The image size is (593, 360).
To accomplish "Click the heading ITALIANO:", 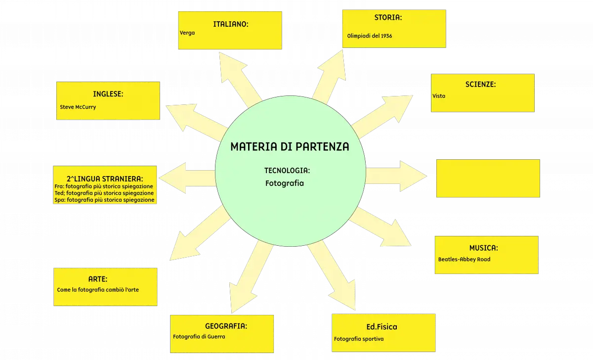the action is coord(231,24).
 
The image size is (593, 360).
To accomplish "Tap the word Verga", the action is coord(187,33).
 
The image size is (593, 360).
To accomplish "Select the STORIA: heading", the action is coord(388,17).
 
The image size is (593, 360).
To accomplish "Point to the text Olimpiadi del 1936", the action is coord(370,36).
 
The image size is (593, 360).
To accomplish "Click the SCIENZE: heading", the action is coord(480,85).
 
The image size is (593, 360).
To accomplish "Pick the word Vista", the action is coord(439,96).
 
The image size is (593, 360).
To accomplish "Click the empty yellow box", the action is coord(488,179).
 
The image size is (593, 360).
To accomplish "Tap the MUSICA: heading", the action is coord(484,248).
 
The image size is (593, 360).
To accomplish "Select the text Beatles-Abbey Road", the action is coord(465,259).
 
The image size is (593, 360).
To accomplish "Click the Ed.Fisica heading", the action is coord(381,327).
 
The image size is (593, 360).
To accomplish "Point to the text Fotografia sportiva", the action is coord(359,339).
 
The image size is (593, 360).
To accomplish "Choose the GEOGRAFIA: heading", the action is coord(226,326).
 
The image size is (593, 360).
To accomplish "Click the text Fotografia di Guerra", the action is coord(199,337).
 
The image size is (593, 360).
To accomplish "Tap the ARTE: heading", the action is coord(98,279).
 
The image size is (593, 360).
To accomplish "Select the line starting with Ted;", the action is coord(104,193).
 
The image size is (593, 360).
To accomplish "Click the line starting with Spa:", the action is coord(104,200).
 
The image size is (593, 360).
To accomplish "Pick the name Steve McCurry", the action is coord(78,107).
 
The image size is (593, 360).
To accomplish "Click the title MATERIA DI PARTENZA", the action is coord(290,146).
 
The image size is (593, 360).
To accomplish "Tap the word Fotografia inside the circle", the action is coord(285,183).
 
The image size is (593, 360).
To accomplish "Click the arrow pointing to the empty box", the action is coord(396,176).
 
